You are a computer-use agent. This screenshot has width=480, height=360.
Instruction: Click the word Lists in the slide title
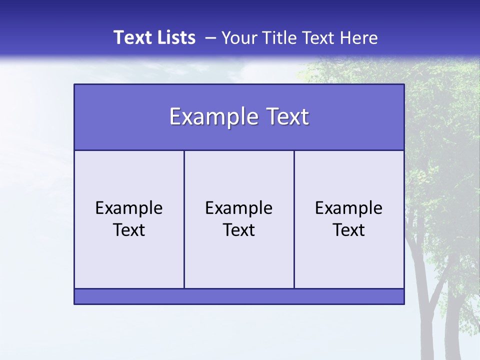[175, 37]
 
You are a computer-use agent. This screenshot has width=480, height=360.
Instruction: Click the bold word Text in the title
[131, 37]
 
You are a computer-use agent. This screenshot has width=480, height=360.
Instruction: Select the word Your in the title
[238, 37]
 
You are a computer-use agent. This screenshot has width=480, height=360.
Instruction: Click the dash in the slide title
[210, 38]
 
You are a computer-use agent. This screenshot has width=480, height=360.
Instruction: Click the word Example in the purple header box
[210, 117]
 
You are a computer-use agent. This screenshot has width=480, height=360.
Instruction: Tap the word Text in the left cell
[129, 230]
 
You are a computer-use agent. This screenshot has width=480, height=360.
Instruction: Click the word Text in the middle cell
[239, 230]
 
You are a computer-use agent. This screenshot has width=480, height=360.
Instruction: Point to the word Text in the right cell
[349, 230]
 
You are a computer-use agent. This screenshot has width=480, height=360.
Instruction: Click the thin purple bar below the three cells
[239, 296]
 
